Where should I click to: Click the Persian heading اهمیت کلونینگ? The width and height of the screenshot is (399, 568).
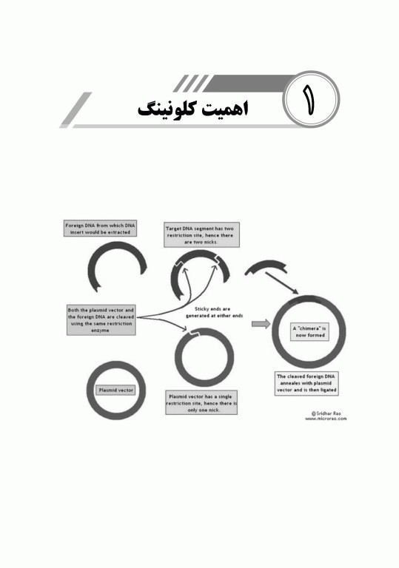pos(194,108)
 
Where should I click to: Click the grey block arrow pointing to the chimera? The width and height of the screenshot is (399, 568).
pos(260,323)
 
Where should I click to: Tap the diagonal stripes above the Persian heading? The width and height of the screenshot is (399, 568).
pos(195,82)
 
